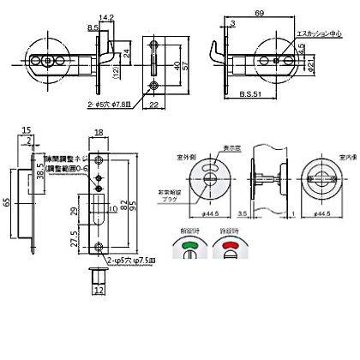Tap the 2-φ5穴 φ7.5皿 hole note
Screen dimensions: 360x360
point(126,258)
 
